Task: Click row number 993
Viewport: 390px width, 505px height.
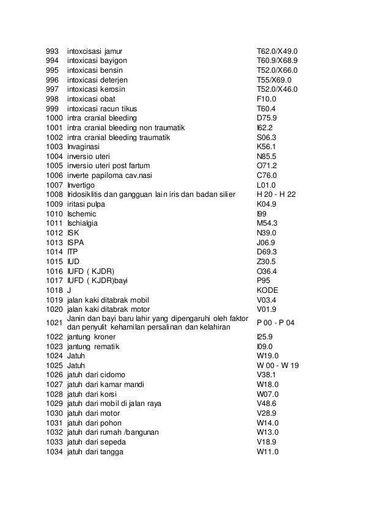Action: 54,51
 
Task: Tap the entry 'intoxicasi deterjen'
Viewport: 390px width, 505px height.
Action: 100,79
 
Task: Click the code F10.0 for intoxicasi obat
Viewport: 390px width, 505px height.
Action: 267,98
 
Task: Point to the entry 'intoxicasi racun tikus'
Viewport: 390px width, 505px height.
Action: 105,108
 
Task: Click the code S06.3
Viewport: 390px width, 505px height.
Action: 267,137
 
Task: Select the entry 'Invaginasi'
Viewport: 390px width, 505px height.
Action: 85,147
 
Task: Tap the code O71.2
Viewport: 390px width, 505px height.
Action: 267,166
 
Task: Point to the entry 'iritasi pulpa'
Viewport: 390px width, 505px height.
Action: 88,204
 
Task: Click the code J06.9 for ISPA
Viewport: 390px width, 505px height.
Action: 267,242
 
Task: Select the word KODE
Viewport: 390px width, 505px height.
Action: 268,290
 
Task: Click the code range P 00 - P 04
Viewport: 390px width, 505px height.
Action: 276,323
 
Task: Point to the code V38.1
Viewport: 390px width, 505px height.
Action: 267,375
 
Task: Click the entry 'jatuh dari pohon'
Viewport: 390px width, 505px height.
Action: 94,423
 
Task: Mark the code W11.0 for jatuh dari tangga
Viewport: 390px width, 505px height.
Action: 267,452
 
